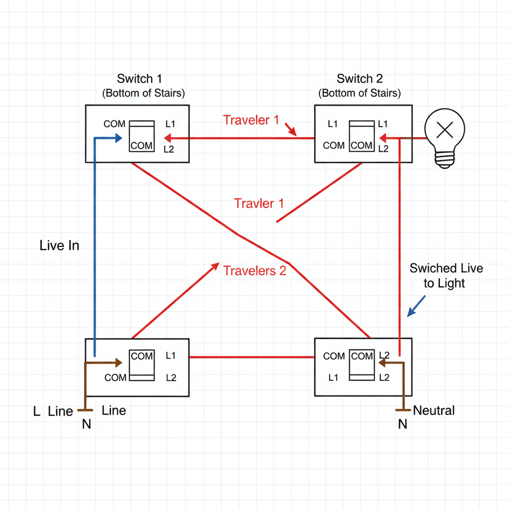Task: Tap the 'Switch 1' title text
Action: point(139,79)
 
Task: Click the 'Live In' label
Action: point(59,246)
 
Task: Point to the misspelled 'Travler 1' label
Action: point(258,203)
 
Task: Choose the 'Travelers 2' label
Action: point(254,271)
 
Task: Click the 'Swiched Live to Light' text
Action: point(446,276)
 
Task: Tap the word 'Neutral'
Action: point(434,411)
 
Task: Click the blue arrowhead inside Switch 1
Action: point(119,139)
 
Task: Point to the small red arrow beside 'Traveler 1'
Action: point(290,130)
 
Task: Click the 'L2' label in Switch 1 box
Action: point(170,149)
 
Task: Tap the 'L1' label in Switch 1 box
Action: point(170,124)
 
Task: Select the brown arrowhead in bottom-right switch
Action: point(382,363)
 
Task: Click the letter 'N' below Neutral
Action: point(403,424)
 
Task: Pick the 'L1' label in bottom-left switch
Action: point(170,356)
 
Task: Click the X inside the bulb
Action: point(444,130)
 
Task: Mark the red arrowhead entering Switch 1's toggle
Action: point(168,138)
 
